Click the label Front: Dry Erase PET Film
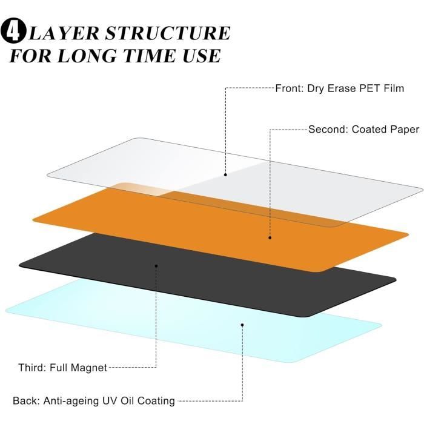[x=339, y=88]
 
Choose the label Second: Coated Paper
[x=363, y=129]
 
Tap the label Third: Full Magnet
[x=62, y=367]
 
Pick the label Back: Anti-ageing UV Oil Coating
[x=94, y=400]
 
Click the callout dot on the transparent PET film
[x=225, y=174]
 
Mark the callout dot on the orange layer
[x=270, y=237]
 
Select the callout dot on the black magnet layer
[x=156, y=266]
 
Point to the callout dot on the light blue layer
[x=242, y=325]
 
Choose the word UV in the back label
[x=113, y=400]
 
